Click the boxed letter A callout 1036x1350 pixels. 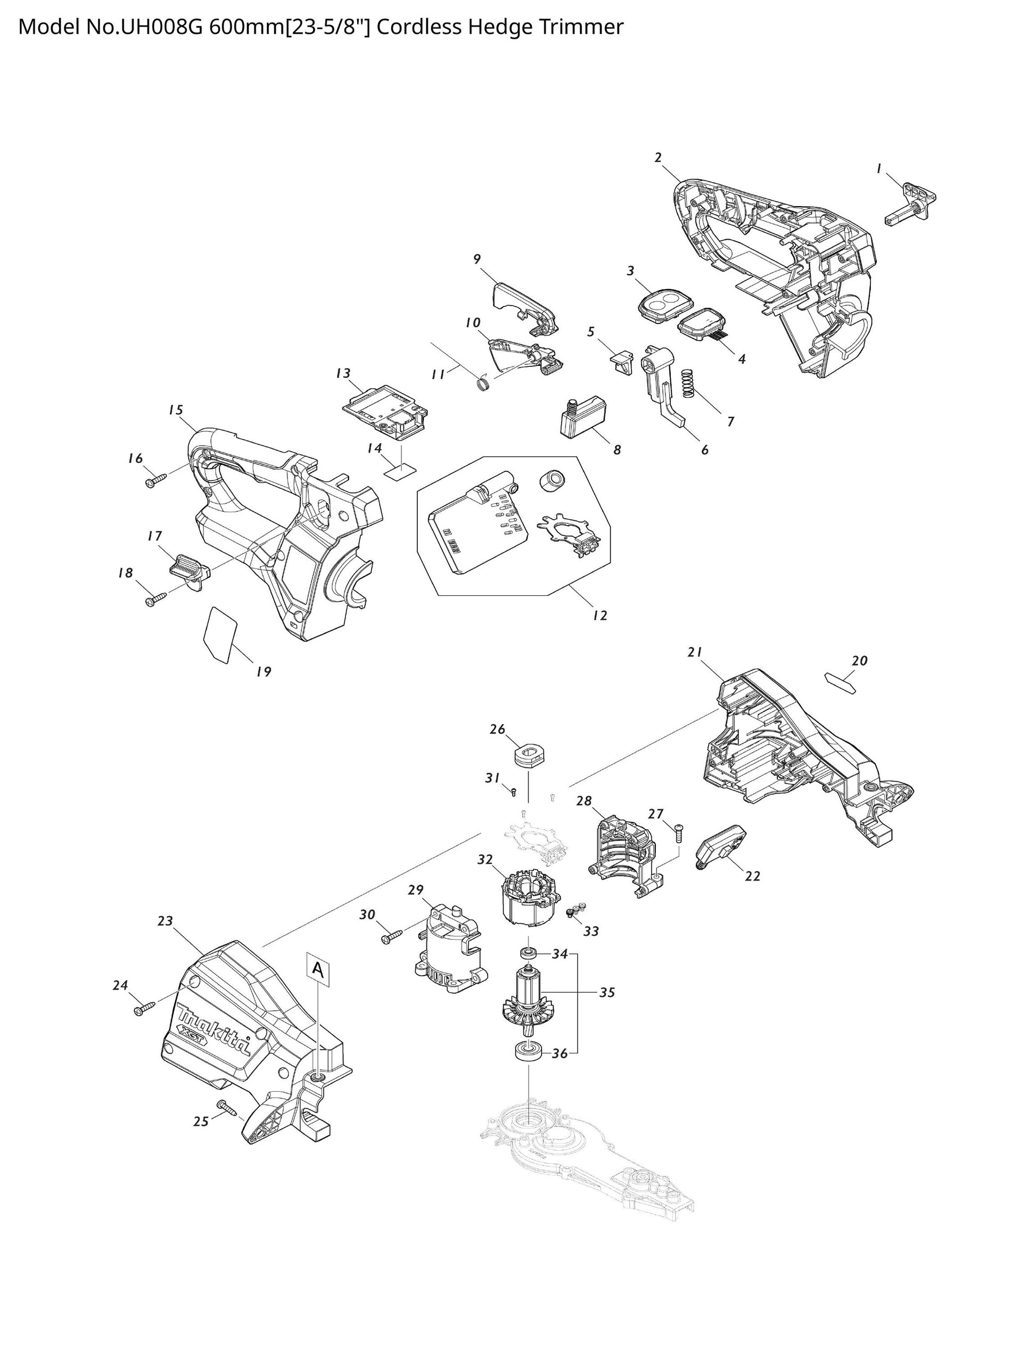pos(316,969)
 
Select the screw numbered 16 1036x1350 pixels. pos(156,480)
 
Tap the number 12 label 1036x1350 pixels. pos(599,616)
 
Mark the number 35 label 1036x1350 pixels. pos(607,993)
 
